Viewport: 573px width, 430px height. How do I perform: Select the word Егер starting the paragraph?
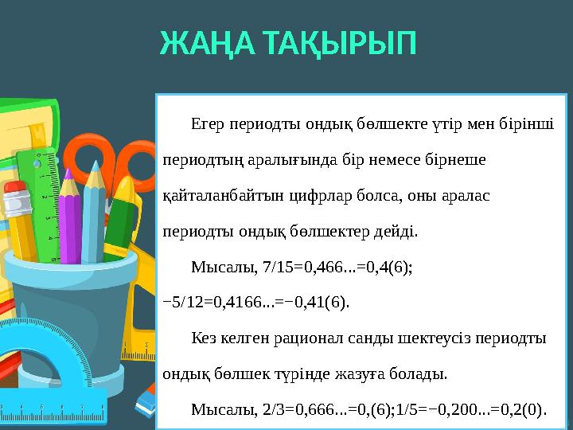click(x=209, y=124)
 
